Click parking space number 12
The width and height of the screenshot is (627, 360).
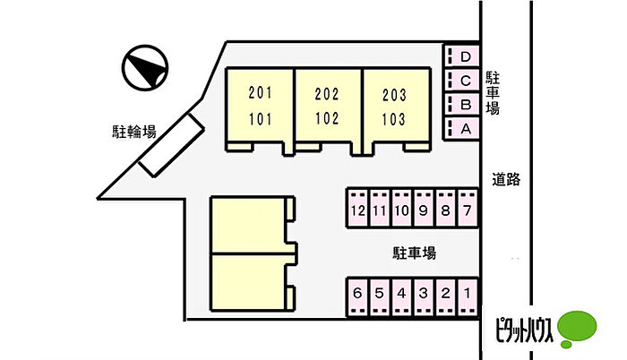click(x=358, y=209)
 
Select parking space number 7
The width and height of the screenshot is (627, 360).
click(x=468, y=209)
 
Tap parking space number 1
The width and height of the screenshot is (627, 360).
click(x=468, y=296)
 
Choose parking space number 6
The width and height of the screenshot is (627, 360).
click(x=357, y=296)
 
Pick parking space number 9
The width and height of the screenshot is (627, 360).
click(x=424, y=209)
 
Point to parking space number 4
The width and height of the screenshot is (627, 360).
click(x=401, y=296)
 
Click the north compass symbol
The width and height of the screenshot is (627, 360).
click(x=145, y=67)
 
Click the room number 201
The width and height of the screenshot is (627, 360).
click(x=260, y=93)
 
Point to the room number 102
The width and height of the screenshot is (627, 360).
click(x=327, y=118)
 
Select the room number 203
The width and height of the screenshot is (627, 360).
click(x=394, y=95)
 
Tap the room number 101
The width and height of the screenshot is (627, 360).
click(x=260, y=119)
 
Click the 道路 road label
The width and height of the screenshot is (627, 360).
click(x=506, y=179)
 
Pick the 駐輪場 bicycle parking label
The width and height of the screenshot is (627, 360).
click(x=134, y=132)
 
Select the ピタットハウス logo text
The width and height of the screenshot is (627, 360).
click(x=524, y=330)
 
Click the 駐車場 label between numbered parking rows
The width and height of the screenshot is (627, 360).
click(x=414, y=253)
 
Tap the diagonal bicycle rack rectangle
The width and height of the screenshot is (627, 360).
click(x=172, y=145)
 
